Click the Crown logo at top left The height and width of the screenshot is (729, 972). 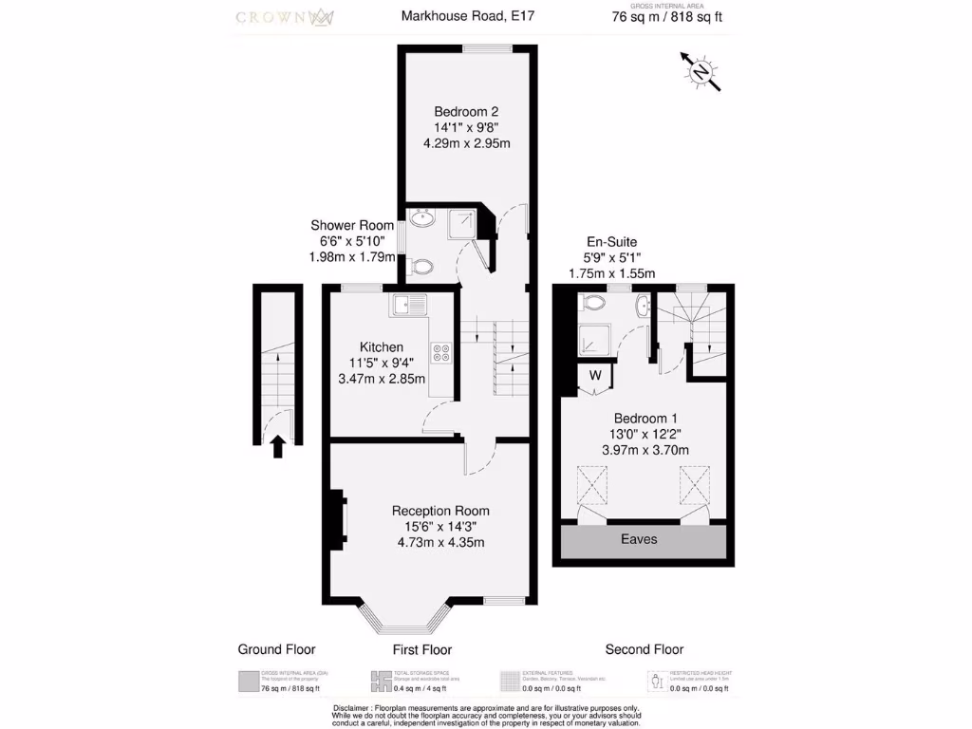pyautogui.click(x=283, y=17)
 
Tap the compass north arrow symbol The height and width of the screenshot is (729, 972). pyautogui.click(x=701, y=72)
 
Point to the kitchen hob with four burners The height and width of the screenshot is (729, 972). pyautogui.click(x=441, y=353)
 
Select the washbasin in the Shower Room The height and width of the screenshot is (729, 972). pyautogui.click(x=421, y=221)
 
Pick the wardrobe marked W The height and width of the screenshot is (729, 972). pyautogui.click(x=595, y=375)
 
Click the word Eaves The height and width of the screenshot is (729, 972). pyautogui.click(x=639, y=539)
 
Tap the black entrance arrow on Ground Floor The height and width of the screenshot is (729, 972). pyautogui.click(x=278, y=446)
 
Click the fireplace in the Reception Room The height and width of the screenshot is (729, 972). pyautogui.click(x=337, y=519)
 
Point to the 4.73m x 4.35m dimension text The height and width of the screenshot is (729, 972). pyautogui.click(x=440, y=543)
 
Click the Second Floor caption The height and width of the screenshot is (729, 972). pyautogui.click(x=644, y=649)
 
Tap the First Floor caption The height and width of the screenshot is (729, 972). pyautogui.click(x=422, y=649)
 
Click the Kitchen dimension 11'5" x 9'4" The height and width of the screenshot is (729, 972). pyautogui.click(x=382, y=363)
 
